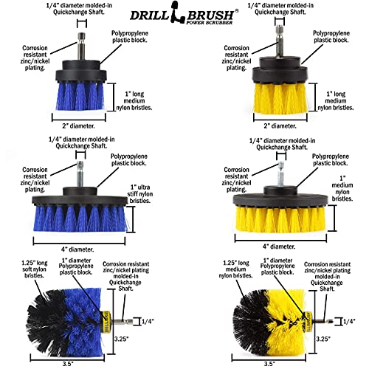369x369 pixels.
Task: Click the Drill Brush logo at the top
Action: coord(184,13)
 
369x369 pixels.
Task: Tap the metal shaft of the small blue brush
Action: coord(81,46)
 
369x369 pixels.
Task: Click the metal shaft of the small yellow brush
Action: coord(279,41)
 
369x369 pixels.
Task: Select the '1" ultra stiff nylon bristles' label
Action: coord(139,194)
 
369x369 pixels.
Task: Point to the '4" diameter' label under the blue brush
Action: coord(77,249)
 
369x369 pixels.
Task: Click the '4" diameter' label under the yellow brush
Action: coord(279,246)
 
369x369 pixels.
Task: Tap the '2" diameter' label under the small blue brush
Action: coord(78,126)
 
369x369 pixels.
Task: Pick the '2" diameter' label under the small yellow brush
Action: coord(280,126)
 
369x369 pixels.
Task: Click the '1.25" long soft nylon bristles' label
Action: coord(35,269)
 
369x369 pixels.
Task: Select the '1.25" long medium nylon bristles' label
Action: coord(235,269)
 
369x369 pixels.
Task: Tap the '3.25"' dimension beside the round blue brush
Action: coord(121,339)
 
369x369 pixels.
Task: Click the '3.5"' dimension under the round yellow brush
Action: coord(269,364)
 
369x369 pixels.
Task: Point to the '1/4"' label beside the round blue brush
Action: coord(148,321)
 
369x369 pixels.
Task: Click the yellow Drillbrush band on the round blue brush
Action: coord(106,321)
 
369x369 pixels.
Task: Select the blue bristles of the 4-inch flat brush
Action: coord(80,219)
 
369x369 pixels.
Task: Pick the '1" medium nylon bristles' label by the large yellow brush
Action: coord(342,188)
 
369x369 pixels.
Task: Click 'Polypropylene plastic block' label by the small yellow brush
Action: coord(331,37)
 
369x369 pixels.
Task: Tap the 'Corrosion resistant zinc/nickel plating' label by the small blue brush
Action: coord(35,58)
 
